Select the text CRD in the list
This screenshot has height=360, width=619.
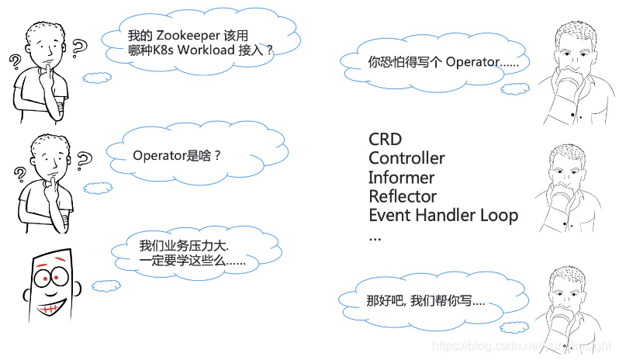(x=385, y=139)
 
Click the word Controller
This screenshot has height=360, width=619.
(x=406, y=158)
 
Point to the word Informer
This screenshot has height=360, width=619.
(x=401, y=178)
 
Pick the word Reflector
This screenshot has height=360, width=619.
(x=402, y=196)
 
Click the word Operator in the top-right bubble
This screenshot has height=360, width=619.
(x=471, y=62)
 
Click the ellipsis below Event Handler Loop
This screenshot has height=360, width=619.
(x=375, y=236)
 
